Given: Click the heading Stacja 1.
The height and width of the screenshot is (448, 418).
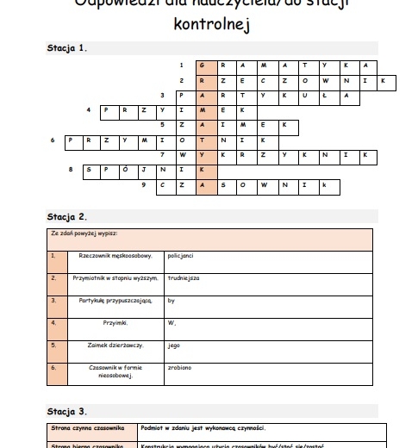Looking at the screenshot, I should [x=66, y=48].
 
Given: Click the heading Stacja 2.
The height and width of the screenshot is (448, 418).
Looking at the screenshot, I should [x=66, y=216].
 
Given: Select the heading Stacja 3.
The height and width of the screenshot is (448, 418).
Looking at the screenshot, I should [x=66, y=411].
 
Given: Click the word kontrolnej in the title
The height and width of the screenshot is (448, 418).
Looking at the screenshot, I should [x=209, y=25].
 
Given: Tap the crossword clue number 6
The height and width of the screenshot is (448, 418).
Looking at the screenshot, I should [x=53, y=139].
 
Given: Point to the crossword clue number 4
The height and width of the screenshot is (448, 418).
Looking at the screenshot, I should [x=89, y=109].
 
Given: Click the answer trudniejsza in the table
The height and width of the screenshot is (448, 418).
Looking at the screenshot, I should [x=184, y=278].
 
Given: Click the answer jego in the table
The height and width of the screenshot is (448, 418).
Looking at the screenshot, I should [x=173, y=345].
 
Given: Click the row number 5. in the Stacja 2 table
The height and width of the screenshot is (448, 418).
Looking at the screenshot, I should [x=53, y=345].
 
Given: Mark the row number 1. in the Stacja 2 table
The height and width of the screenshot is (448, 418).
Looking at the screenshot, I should [x=53, y=256].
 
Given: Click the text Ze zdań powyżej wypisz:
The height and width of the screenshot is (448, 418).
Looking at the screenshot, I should [x=84, y=233].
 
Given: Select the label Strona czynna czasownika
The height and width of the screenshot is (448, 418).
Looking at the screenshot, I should [x=85, y=427].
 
